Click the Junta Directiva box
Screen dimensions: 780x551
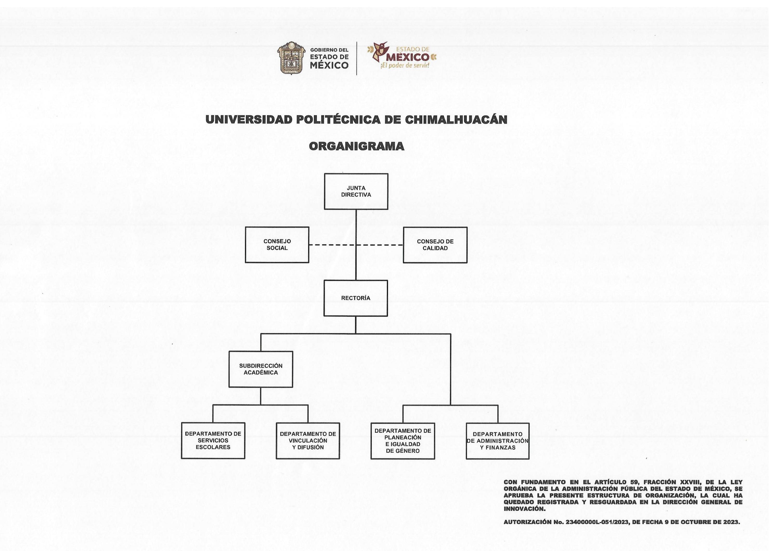click(x=356, y=191)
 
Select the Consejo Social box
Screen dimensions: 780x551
click(x=277, y=245)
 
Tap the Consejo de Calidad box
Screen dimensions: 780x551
click(x=435, y=245)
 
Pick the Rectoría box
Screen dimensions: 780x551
click(x=356, y=298)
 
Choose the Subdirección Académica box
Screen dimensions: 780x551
click(x=261, y=369)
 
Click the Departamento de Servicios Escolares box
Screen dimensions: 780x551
click(x=213, y=441)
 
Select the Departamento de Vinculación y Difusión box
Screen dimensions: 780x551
click(x=308, y=441)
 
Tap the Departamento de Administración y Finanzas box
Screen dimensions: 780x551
click(x=498, y=441)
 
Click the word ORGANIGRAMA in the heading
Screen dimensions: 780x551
click(x=356, y=146)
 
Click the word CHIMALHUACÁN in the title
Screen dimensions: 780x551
click(x=456, y=120)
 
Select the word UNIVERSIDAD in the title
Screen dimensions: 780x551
click(x=249, y=120)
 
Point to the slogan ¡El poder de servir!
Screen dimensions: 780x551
click(x=405, y=65)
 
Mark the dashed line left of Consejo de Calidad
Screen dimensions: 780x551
click(x=379, y=245)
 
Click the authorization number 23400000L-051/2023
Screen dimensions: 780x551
click(x=597, y=522)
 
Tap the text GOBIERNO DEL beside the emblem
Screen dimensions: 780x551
click(x=329, y=50)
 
